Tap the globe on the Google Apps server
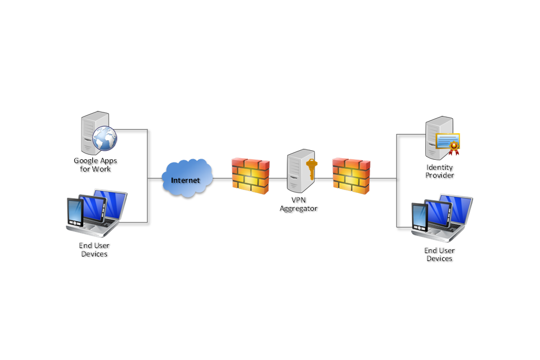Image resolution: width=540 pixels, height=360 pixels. click(105, 138)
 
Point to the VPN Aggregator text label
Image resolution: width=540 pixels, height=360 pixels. click(299, 204)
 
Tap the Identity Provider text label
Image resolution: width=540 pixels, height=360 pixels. click(440, 172)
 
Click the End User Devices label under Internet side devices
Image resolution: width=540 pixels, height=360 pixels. click(94, 250)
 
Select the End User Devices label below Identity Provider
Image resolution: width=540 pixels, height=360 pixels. click(439, 255)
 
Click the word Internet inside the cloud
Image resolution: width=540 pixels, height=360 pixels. click(186, 181)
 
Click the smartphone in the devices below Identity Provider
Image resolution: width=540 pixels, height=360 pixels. click(420, 218)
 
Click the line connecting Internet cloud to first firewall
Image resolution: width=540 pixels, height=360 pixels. click(223, 179)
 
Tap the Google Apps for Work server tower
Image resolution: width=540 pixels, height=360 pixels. click(90, 134)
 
